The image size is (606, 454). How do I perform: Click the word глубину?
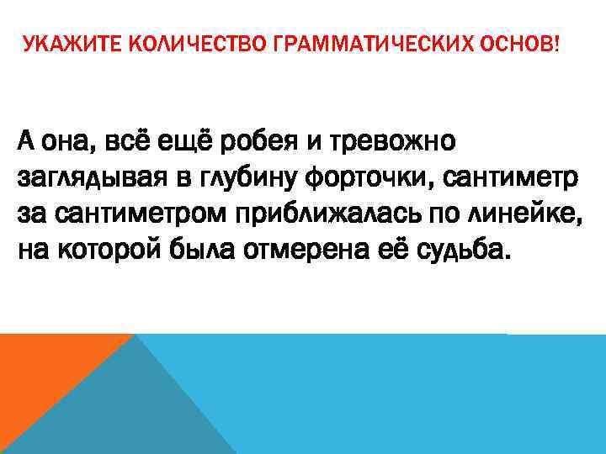pyautogui.click(x=247, y=178)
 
